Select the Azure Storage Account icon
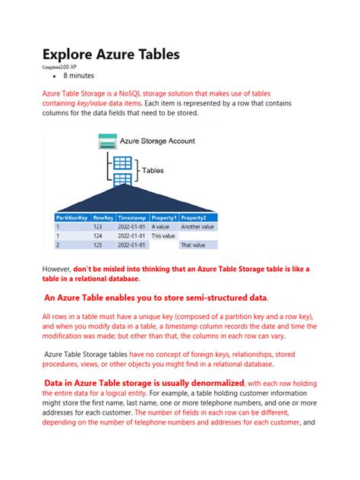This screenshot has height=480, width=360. click(107, 141)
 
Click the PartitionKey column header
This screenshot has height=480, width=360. click(71, 217)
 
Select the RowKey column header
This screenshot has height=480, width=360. click(103, 217)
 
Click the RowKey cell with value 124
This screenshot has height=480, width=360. click(98, 235)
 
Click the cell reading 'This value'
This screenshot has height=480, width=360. click(164, 235)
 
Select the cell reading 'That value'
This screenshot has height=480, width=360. click(197, 245)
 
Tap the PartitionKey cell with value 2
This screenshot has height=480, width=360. click(57, 245)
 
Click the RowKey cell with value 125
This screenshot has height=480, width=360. click(98, 245)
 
